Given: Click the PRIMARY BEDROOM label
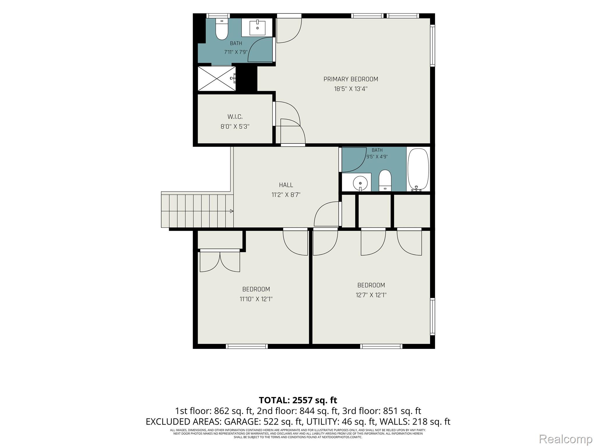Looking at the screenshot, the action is point(351,79).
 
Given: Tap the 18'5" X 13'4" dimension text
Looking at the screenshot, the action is point(351,89).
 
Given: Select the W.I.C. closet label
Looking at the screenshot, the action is point(235,117).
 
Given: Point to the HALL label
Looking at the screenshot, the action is point(286,185).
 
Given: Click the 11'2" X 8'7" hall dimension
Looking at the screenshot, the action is point(286,195).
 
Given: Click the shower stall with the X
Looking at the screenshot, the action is point(217,79).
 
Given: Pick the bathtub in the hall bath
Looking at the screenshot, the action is point(418,170).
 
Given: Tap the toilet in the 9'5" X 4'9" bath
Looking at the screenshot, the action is point(385,180).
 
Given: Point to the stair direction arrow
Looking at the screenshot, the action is point(231,211).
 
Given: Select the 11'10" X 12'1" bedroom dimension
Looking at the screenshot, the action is point(256,299).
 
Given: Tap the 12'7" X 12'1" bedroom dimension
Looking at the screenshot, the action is point(371,295).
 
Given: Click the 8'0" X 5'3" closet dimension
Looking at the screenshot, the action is point(235,127).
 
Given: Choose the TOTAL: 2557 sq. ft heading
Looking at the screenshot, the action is point(298,400).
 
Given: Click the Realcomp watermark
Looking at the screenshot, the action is point(565,439).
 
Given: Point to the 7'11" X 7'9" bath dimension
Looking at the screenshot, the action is point(236,52).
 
